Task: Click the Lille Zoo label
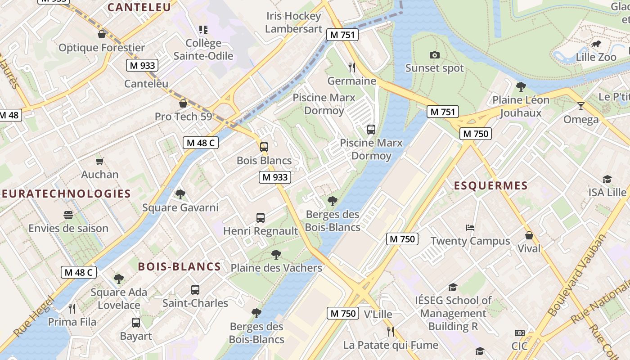pyautogui.click(x=596, y=57)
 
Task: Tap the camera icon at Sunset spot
pyautogui.click(x=434, y=55)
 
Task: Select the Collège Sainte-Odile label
pyautogui.click(x=203, y=49)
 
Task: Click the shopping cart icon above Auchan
pyautogui.click(x=100, y=161)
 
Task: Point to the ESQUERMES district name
pyautogui.click(x=490, y=186)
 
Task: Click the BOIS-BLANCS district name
pyautogui.click(x=179, y=266)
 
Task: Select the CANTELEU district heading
pyautogui.click(x=139, y=7)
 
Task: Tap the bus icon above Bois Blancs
pyautogui.click(x=264, y=147)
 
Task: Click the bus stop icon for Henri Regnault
pyautogui.click(x=261, y=218)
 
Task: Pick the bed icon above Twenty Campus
pyautogui.click(x=470, y=228)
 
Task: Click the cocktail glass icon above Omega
pyautogui.click(x=581, y=106)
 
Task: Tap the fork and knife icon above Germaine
pyautogui.click(x=352, y=67)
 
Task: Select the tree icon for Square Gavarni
pyautogui.click(x=180, y=194)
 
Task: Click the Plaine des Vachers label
pyautogui.click(x=276, y=268)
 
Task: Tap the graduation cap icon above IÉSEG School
pyautogui.click(x=453, y=287)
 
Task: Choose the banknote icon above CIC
pyautogui.click(x=520, y=333)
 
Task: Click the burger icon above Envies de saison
pyautogui.click(x=68, y=215)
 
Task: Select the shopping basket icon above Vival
pyautogui.click(x=529, y=235)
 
